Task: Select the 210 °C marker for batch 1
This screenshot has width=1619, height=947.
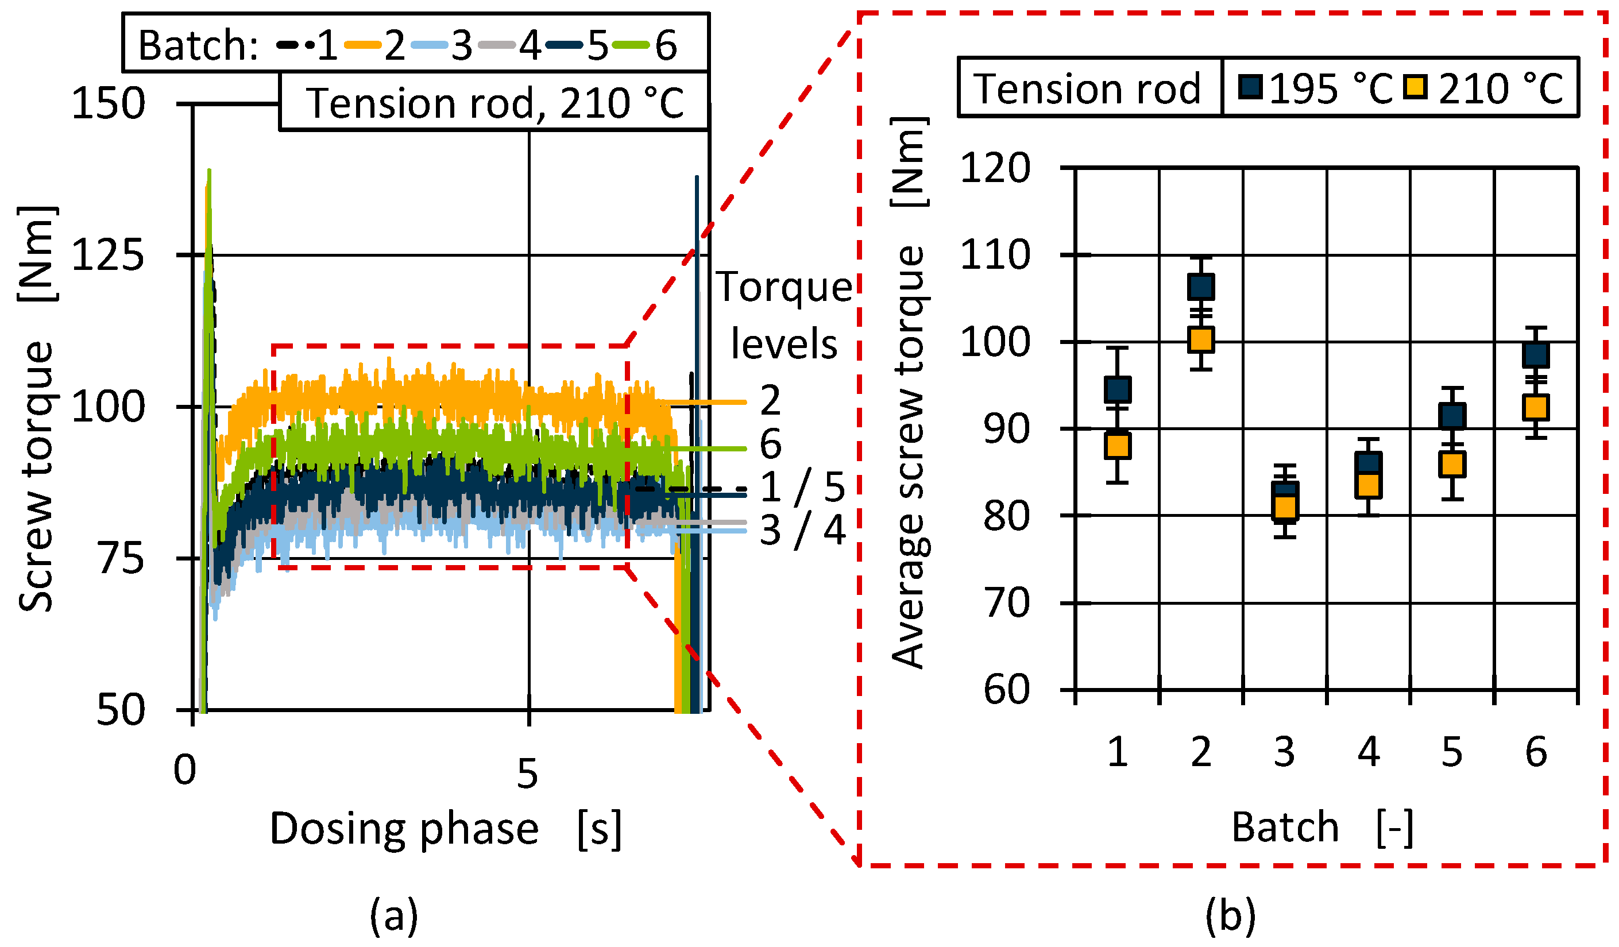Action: click(x=1118, y=446)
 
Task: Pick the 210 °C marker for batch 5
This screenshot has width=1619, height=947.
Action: click(x=1452, y=465)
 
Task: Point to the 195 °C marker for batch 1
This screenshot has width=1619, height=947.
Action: click(x=1118, y=390)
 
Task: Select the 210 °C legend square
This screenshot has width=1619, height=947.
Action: click(x=1415, y=87)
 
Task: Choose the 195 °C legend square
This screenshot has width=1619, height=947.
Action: click(x=1251, y=87)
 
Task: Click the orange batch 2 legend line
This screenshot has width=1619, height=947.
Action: click(x=364, y=45)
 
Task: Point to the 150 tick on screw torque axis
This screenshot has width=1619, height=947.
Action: click(x=108, y=103)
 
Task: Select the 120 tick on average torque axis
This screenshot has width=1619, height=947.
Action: click(x=995, y=169)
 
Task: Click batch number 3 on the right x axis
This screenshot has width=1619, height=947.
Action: click(x=1284, y=752)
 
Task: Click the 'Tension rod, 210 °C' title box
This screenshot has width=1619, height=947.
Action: click(x=494, y=103)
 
